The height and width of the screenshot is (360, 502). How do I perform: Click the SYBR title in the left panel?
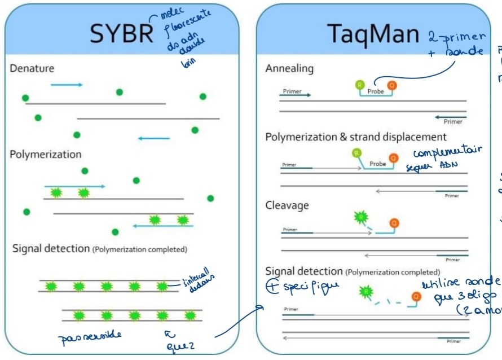click(x=121, y=34)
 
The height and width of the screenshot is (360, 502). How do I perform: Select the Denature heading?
click(x=32, y=68)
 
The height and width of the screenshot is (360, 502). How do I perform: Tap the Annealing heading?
click(x=289, y=68)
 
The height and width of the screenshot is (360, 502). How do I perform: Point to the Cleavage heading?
click(x=287, y=205)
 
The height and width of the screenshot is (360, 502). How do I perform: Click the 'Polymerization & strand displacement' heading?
click(x=356, y=137)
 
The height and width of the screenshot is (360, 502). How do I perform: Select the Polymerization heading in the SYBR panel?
click(x=46, y=155)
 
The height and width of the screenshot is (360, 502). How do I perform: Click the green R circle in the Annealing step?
click(x=359, y=85)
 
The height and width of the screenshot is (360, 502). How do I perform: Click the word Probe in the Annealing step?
click(x=376, y=91)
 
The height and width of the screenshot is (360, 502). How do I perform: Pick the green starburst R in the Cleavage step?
click(x=360, y=216)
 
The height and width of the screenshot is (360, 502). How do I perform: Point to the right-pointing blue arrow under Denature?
click(x=67, y=85)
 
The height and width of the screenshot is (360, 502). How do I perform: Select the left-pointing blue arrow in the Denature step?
click(x=153, y=138)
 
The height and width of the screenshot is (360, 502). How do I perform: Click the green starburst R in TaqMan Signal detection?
click(x=365, y=292)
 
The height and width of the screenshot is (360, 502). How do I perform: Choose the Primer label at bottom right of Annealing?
click(x=452, y=121)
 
